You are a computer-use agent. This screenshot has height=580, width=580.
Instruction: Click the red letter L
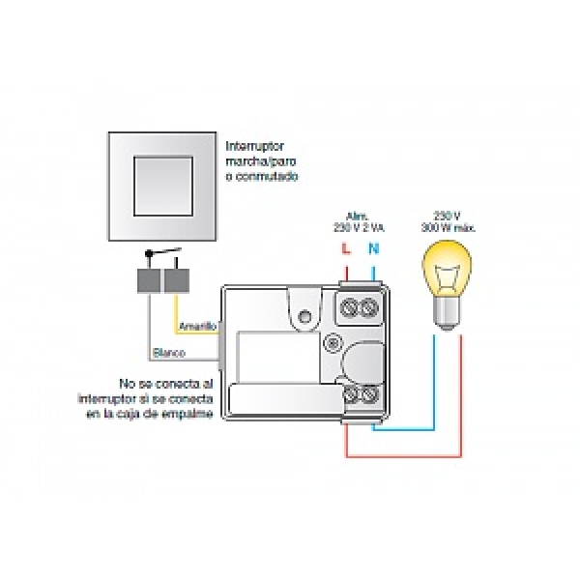346,249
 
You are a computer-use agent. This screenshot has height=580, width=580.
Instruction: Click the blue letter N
372,249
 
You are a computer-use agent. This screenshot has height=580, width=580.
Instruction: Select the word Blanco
170,353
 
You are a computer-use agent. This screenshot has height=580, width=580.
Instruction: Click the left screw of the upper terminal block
351,308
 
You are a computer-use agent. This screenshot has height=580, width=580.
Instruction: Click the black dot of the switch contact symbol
148,256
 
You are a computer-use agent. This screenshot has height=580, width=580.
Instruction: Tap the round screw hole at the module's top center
306,315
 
